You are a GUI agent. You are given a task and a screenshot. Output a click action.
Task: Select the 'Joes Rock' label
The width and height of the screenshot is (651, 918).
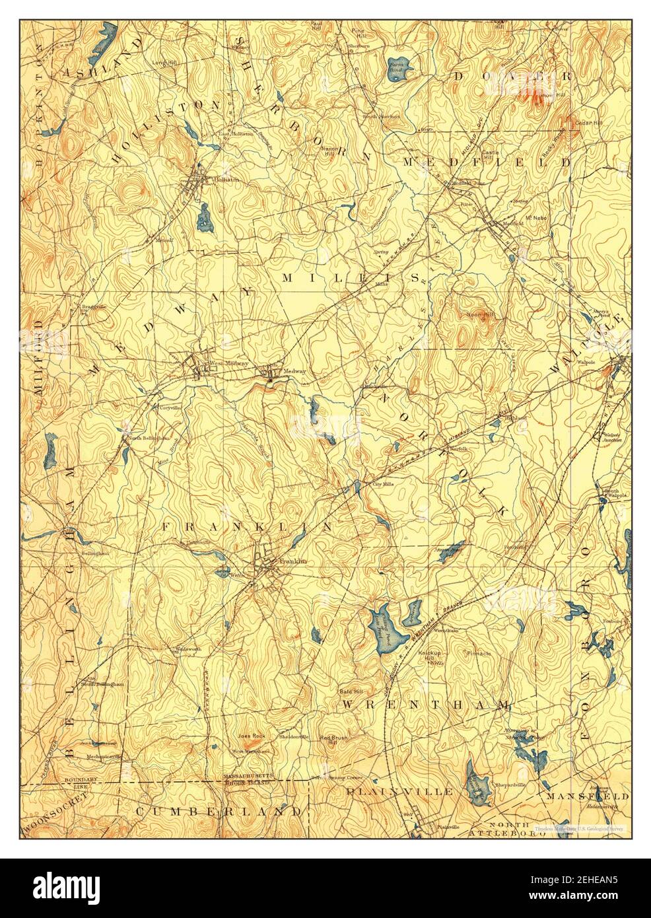coord(252,735)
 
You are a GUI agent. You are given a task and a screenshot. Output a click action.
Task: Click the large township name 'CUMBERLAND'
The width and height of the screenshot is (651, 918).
coord(220,810)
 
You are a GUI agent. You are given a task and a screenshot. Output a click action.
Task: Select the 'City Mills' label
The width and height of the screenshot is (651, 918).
coord(382,483)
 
